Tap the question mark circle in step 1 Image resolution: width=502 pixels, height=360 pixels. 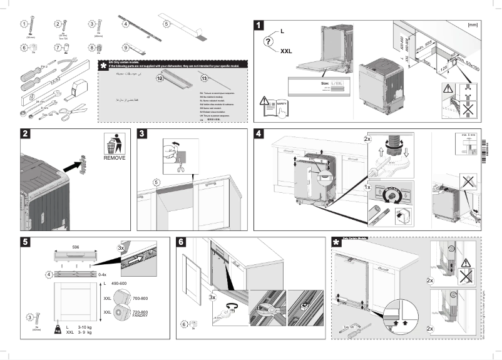click(268, 42)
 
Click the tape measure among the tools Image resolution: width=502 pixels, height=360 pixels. click(80, 86)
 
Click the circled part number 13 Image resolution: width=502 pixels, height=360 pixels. click(204, 78)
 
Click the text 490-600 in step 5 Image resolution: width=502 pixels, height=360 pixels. click(120, 285)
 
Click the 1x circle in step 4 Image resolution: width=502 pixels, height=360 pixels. click(369, 187)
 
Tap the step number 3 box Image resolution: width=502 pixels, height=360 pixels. click(143, 134)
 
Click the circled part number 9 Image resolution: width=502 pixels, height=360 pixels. click(126, 47)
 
